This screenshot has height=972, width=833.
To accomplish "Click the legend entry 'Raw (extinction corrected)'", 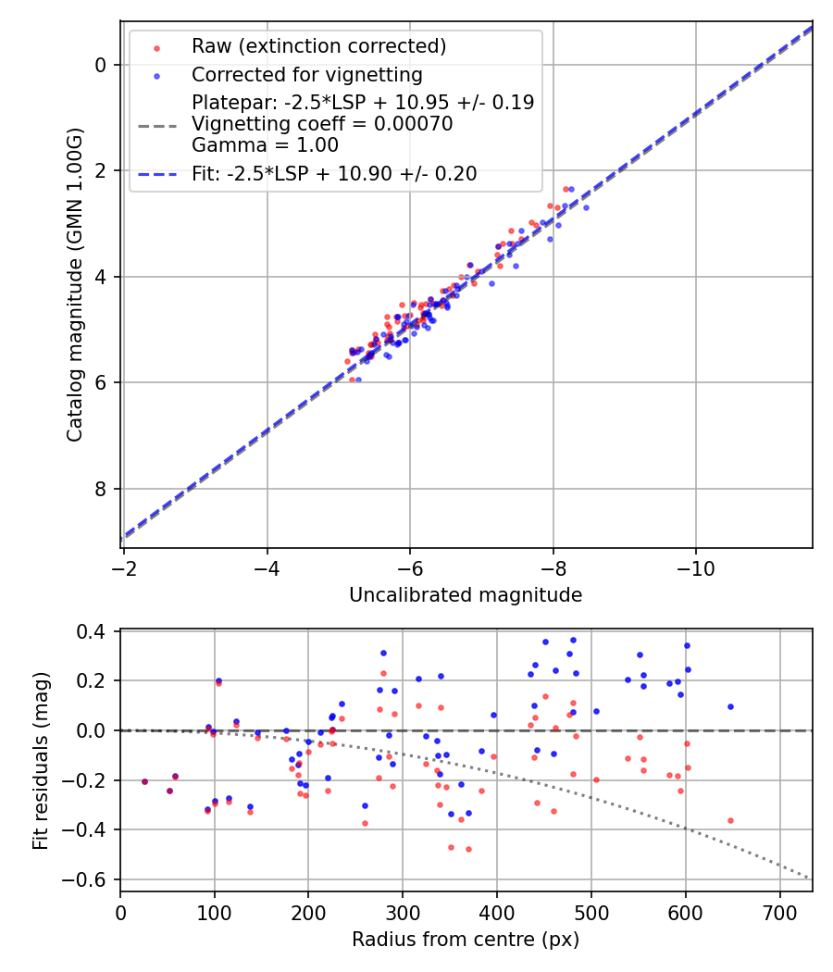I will pos(318,46).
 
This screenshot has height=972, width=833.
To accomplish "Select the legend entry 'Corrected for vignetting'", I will pos(306,75).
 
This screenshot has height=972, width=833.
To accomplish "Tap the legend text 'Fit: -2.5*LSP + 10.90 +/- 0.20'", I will pos(334,174).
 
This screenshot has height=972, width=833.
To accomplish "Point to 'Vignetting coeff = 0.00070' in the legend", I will pos(322,124).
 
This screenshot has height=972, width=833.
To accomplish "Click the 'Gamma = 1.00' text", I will pos(265,145).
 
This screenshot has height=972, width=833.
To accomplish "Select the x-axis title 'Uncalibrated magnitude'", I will pos(466,595).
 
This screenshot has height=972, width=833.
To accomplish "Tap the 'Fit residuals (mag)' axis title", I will pos(40,761).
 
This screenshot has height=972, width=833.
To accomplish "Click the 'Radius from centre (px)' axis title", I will pos(466,940).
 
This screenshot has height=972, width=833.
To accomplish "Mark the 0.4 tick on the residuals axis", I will pos(96,631).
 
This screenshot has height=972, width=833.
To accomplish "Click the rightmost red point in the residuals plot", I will pos(730,820).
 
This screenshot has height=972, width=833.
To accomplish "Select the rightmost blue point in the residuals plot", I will pos(730,706).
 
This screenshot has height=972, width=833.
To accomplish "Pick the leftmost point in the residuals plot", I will pos(144,781).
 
